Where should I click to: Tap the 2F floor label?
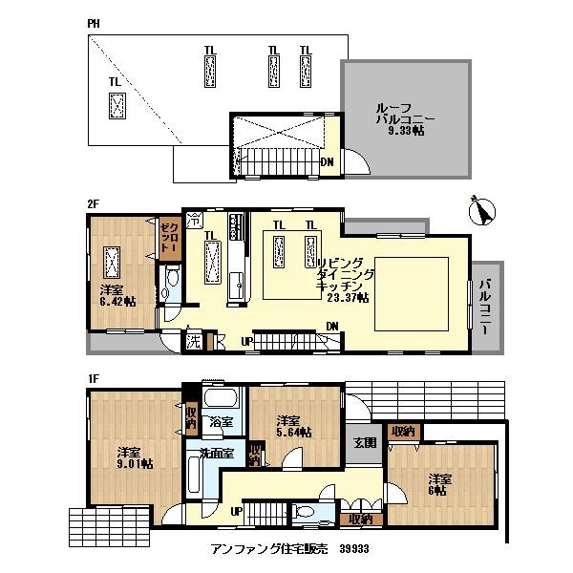click(x=93, y=203)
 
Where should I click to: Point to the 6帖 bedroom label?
click(x=439, y=484)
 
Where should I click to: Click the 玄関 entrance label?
click(x=365, y=442)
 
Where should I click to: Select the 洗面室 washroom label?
click(x=216, y=453)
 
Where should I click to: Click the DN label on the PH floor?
click(x=327, y=161)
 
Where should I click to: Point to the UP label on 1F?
click(x=235, y=512)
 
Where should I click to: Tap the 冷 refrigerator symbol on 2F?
click(x=194, y=218)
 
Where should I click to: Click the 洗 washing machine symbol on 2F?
click(x=192, y=340)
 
